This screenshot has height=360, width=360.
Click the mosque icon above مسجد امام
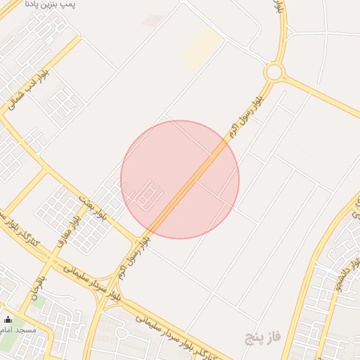pos(8,320)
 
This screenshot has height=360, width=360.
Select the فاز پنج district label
pos(262,338)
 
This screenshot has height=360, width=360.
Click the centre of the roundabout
pos(274,72)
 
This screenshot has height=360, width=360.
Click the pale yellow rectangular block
pos(202,48)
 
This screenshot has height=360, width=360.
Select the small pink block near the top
pos(153,20)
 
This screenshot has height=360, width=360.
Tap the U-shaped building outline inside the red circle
pos(146,193)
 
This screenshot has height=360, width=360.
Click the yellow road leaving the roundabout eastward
pos(320,95)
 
